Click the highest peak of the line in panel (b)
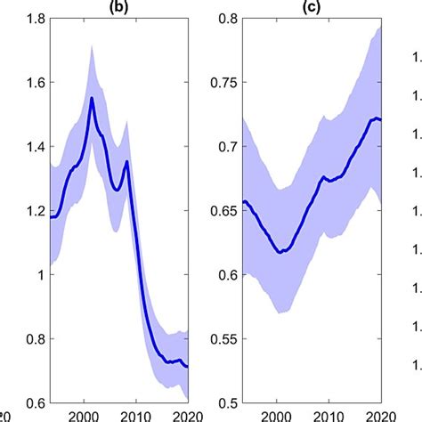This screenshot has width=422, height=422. (92, 98)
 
